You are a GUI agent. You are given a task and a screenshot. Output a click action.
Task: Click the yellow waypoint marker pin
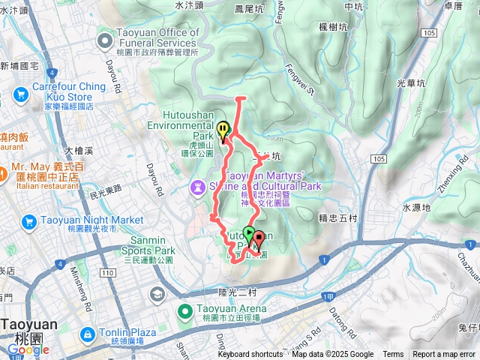point(223,131)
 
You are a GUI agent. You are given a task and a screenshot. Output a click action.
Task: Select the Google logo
point(28,349)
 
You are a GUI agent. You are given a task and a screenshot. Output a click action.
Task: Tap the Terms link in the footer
point(393,355)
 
